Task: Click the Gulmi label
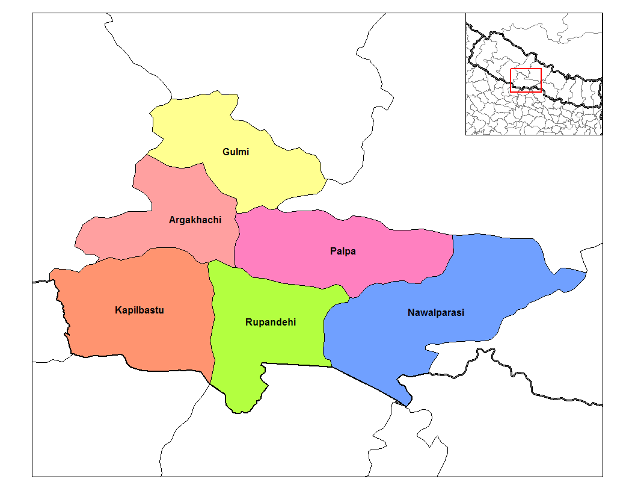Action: [236, 152]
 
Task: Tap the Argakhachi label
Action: [195, 220]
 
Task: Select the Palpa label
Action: [343, 252]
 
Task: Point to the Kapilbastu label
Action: [140, 310]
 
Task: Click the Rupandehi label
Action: [271, 323]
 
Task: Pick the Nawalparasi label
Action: [436, 313]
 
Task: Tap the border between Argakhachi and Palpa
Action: [235, 241]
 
